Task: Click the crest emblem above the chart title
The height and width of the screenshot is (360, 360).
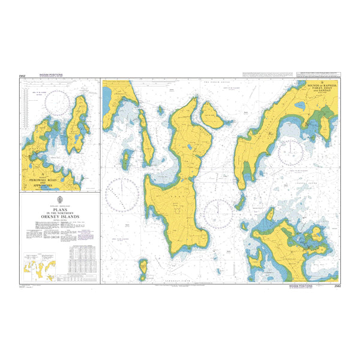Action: [59, 200]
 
